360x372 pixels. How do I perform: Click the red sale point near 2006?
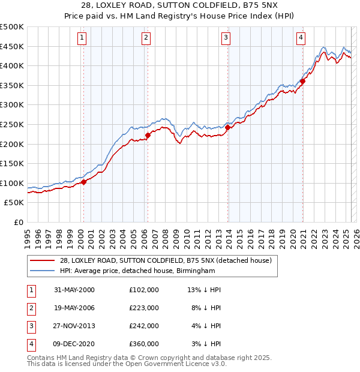click(x=148, y=135)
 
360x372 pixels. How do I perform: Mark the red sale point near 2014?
click(x=228, y=127)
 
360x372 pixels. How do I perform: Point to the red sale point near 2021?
click(x=303, y=82)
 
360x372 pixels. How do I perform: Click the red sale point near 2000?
click(x=84, y=182)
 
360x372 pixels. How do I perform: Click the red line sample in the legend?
click(x=43, y=260)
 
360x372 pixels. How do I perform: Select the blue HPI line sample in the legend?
click(x=43, y=271)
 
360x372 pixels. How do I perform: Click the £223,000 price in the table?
click(x=144, y=308)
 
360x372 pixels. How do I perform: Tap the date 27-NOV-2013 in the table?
click(x=75, y=326)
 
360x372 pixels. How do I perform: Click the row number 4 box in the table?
click(x=30, y=344)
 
